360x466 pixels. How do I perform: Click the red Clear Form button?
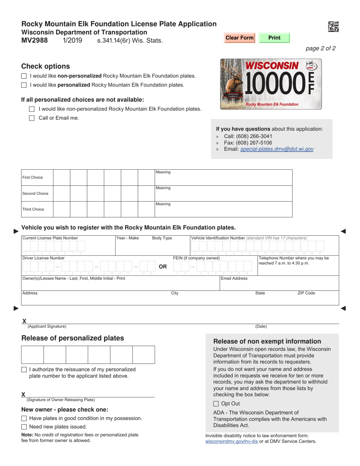pos(239,38)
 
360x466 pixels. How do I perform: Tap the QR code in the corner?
pos(333,27)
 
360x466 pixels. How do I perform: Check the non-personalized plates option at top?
pos(24,76)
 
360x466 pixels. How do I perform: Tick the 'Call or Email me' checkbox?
pos(32,118)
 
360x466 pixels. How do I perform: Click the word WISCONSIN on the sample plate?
pos(272,66)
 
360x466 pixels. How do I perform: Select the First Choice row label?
pos(33,177)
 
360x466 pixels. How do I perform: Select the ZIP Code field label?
pos(306,293)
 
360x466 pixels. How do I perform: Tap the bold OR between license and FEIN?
pos(163,266)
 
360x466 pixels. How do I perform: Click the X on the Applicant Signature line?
pos(25,321)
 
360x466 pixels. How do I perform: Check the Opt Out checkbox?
pos(216,404)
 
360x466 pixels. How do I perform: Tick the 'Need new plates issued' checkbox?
pos(24,427)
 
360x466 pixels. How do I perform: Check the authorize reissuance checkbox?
pos(24,369)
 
